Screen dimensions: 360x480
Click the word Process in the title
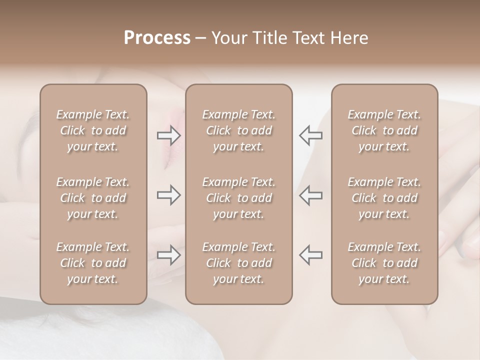pos(157,38)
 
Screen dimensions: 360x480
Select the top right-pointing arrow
pos(169,135)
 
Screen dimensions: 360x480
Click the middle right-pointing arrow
pos(169,195)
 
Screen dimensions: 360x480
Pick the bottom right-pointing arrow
pos(169,255)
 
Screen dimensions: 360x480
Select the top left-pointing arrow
pos(310,135)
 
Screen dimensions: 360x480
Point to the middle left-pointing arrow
pos(310,195)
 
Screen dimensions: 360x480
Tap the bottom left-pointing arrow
pos(310,255)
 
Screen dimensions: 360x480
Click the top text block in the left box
pos(93,130)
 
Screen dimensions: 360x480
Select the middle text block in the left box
pos(93,198)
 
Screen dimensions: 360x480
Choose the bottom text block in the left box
pos(93,263)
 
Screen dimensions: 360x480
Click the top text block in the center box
pos(239,130)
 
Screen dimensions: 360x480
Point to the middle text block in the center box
pos(239,198)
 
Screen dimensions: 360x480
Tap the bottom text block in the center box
pos(239,263)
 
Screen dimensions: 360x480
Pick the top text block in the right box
pos(384,130)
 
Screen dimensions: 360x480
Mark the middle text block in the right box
pos(384,198)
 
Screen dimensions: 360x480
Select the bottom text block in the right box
pos(384,263)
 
